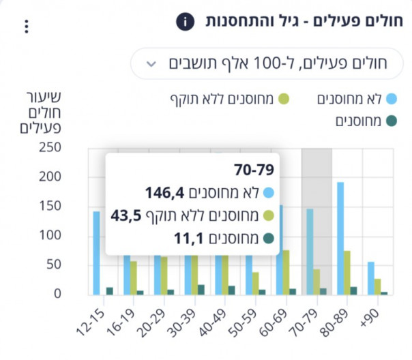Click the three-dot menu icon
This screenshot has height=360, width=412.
(x=27, y=27)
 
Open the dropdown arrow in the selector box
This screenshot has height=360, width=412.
(x=151, y=65)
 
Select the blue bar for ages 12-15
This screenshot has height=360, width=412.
(x=96, y=252)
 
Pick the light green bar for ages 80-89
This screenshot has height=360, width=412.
(x=348, y=272)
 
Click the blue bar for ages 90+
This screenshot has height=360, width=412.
(x=371, y=277)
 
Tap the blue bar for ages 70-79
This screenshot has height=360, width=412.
(x=310, y=252)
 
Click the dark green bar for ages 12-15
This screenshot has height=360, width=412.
(x=109, y=290)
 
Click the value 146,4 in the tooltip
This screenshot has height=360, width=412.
(x=166, y=193)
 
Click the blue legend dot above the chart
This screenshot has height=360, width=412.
(x=390, y=100)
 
